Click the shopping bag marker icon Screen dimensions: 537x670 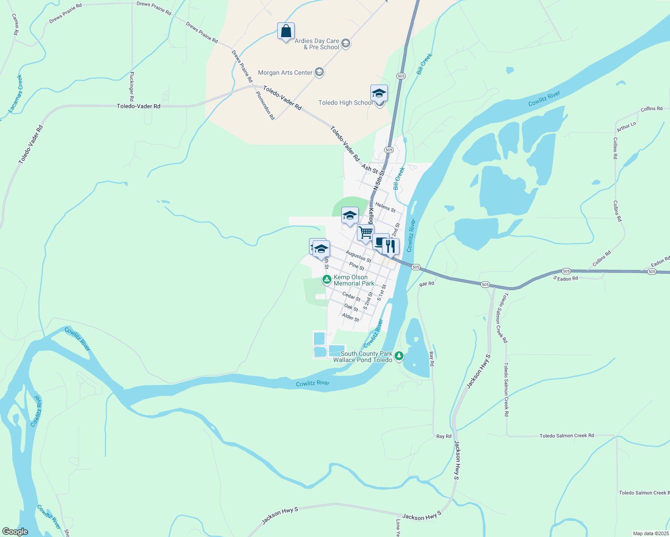(x=286, y=31)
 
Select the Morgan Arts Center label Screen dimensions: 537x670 (x=285, y=72)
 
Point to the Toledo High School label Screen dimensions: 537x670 (x=345, y=103)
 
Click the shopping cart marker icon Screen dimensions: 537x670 (x=365, y=233)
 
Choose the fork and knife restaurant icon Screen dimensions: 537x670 (x=391, y=246)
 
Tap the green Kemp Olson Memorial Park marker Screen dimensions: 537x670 (x=327, y=280)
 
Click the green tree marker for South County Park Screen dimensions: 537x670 (x=399, y=356)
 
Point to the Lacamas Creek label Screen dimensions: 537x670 (x=15, y=94)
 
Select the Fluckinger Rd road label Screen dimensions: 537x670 (x=132, y=86)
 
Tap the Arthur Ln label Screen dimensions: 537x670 (x=626, y=127)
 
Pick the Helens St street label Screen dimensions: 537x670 (x=385, y=207)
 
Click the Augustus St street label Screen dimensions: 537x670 (x=358, y=256)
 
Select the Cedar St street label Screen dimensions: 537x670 (x=351, y=296)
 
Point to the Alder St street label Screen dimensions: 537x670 (x=350, y=317)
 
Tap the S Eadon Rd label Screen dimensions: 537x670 (x=566, y=278)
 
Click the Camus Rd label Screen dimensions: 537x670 (x=15, y=24)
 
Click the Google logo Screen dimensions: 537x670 (x=15, y=532)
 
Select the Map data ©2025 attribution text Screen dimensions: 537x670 (x=650, y=533)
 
